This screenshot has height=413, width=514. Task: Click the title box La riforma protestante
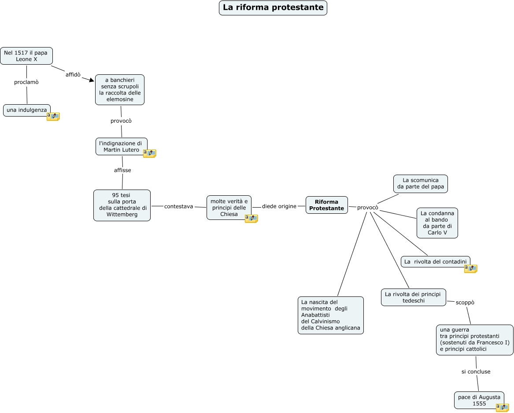click(x=273, y=8)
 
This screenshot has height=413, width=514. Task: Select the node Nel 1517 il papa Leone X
click(x=26, y=56)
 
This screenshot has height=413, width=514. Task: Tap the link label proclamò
click(x=26, y=82)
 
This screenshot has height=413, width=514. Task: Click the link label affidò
click(x=73, y=74)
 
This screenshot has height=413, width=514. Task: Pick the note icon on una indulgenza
click(x=53, y=117)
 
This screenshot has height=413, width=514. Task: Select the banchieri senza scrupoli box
click(x=120, y=90)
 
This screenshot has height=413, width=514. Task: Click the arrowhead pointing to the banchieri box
click(x=92, y=80)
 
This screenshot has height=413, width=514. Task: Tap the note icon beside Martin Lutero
click(x=150, y=153)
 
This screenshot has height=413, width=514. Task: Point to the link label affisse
click(x=122, y=170)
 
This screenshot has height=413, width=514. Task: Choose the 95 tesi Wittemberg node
click(x=122, y=205)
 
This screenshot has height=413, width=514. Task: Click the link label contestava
click(x=178, y=206)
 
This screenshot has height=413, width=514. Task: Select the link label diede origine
click(x=279, y=206)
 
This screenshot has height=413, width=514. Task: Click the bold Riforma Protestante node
click(x=326, y=205)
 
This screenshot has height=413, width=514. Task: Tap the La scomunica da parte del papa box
click(x=420, y=183)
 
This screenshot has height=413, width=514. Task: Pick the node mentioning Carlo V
click(x=437, y=223)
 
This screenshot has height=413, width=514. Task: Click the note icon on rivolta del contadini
click(x=471, y=268)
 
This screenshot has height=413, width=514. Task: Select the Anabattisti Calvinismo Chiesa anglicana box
click(x=330, y=315)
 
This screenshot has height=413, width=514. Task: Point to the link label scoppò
click(x=465, y=303)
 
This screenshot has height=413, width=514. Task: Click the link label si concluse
click(x=476, y=372)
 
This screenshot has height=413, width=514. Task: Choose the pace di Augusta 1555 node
click(x=479, y=400)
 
